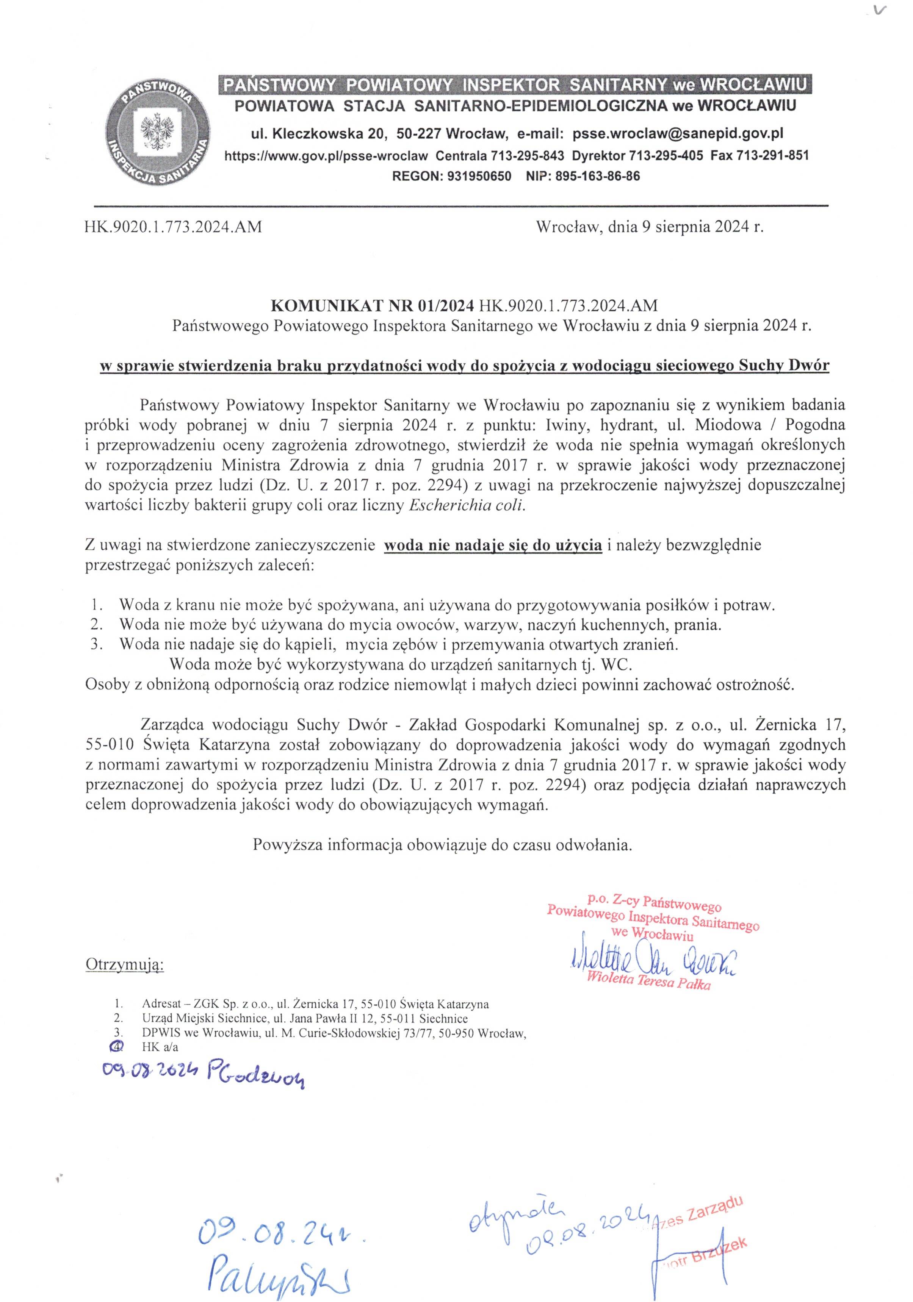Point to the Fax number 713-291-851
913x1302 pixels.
click(772, 155)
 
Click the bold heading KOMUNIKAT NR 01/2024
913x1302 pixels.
click(372, 306)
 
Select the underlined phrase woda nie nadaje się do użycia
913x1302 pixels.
click(493, 545)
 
